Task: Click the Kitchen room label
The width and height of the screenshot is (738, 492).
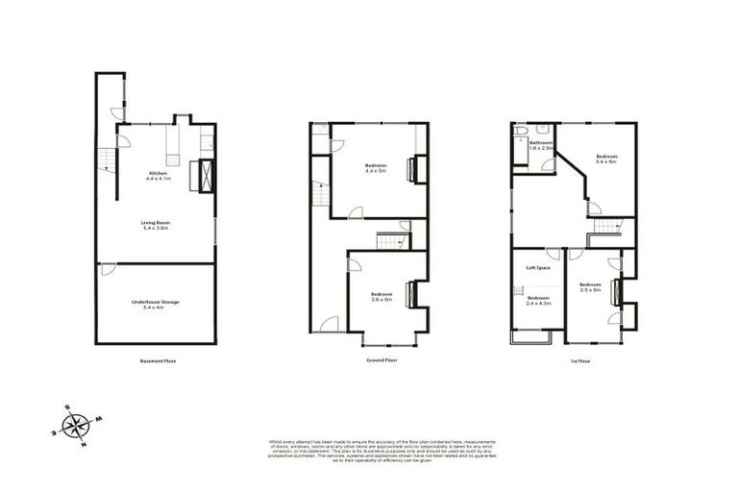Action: [x=158, y=176]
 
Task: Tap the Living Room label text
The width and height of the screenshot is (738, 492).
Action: [x=156, y=226]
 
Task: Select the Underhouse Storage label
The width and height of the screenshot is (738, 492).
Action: [x=156, y=304]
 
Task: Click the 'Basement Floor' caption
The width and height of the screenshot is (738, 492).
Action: [x=157, y=361]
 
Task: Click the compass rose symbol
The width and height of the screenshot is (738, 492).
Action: [x=77, y=424]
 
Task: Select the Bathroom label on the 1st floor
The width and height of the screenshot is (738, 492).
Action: [x=542, y=146]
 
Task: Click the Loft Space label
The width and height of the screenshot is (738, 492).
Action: [x=536, y=267]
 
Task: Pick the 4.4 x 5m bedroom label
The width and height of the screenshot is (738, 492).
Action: [x=376, y=169]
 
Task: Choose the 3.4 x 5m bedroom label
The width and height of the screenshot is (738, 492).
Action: [x=605, y=159]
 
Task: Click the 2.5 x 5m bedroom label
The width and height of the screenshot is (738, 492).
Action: [x=590, y=286]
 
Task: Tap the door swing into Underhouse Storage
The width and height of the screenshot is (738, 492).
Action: [x=108, y=269]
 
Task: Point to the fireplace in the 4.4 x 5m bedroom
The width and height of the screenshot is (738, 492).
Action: [x=412, y=169]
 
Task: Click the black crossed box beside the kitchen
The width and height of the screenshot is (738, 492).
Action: [x=205, y=176]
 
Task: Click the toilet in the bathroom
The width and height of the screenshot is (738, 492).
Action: [x=520, y=130]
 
